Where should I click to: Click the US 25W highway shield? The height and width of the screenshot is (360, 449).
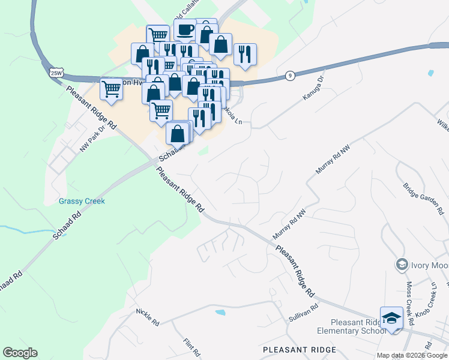[56, 73]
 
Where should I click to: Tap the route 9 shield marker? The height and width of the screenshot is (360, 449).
[290, 75]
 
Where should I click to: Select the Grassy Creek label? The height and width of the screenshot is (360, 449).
[82, 201]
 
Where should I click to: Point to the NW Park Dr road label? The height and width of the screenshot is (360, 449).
[92, 140]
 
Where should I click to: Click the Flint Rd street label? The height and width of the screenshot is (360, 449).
[191, 347]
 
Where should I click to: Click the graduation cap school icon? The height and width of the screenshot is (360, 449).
[391, 318]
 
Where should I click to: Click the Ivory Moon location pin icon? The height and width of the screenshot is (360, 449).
[401, 264]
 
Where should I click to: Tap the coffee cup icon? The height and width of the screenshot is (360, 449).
[185, 30]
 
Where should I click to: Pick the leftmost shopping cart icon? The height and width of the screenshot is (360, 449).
[112, 89]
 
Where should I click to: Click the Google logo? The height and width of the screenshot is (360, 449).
[20, 353]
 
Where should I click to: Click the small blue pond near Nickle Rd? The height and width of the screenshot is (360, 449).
[220, 312]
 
